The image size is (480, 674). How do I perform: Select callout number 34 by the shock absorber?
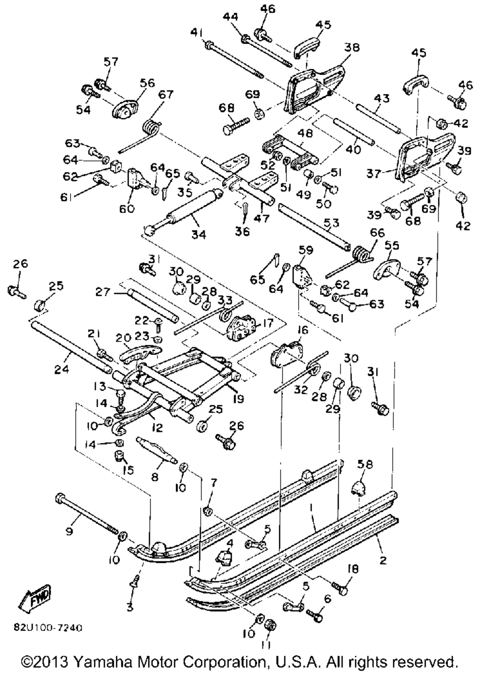click(x=198, y=235)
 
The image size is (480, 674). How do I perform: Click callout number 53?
click(x=332, y=223)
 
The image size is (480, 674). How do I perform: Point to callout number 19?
click(x=238, y=398)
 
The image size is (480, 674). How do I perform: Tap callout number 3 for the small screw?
click(x=129, y=607)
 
